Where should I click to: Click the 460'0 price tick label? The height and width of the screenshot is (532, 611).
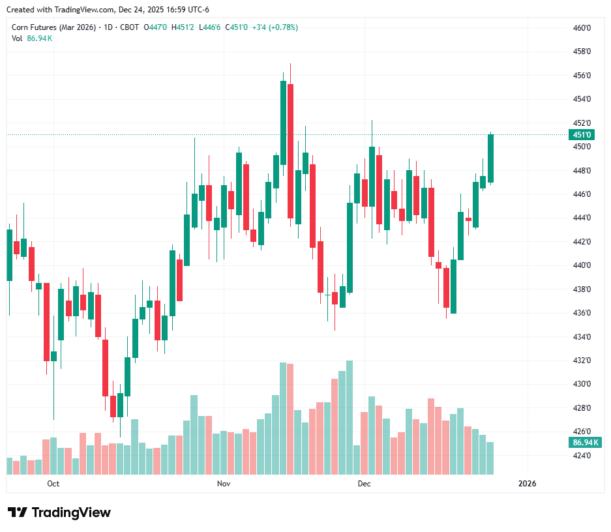[582, 28]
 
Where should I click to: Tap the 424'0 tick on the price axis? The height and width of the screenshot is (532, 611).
[582, 455]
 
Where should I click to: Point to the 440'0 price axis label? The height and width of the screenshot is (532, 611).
[582, 265]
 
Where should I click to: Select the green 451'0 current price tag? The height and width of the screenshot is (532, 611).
[582, 135]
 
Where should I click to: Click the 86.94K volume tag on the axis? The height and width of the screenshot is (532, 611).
[585, 443]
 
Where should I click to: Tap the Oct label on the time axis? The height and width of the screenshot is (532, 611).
[53, 484]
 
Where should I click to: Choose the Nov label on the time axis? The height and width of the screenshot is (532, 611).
[224, 484]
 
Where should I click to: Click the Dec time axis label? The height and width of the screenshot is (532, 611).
[364, 484]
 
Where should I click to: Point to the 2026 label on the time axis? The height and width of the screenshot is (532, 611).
[527, 484]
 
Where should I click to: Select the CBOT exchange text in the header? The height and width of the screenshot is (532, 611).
[129, 27]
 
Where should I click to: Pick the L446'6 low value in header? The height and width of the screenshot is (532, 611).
[210, 27]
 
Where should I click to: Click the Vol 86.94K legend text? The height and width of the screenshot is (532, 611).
[32, 38]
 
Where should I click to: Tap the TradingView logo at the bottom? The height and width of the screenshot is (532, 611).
[59, 512]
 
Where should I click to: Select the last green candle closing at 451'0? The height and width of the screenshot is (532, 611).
[490, 158]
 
